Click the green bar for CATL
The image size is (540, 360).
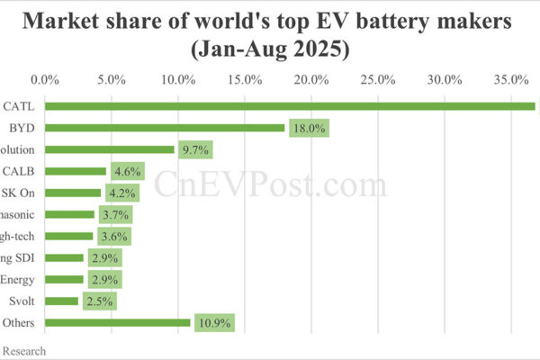point(288,106)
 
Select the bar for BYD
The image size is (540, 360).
point(165,128)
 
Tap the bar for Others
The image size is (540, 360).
point(117,322)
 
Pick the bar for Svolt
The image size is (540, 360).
point(61,301)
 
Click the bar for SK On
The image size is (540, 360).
point(73,193)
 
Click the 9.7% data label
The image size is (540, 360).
point(195,149)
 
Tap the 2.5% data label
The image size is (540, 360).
point(99,301)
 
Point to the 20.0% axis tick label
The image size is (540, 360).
point(311,80)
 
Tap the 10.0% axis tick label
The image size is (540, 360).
point(178,80)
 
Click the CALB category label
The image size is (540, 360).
point(20,171)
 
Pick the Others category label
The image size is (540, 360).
point(18,322)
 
